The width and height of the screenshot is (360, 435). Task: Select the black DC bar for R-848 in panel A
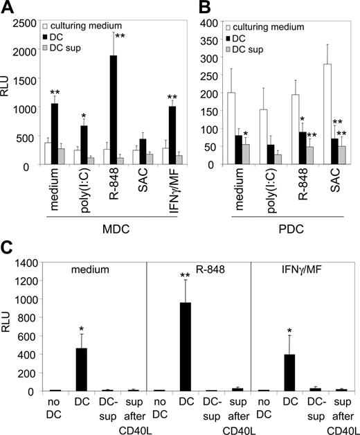pos(112,110)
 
